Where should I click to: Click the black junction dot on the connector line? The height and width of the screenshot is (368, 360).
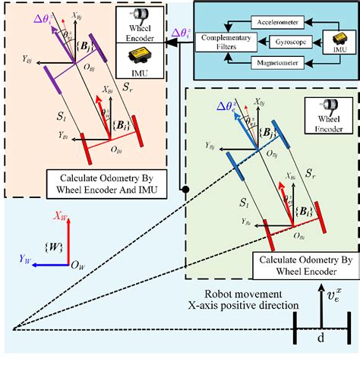[x=183, y=187]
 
